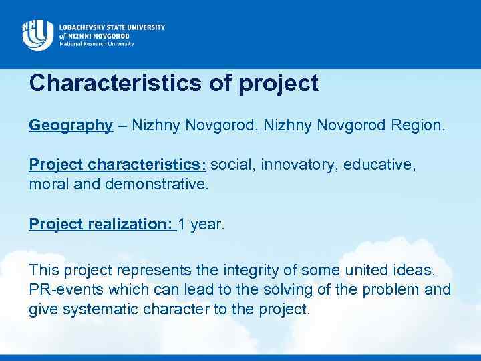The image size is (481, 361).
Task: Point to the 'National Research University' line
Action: pyautogui.click(x=96, y=44)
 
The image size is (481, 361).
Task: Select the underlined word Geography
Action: pyautogui.click(x=71, y=125)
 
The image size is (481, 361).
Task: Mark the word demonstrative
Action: pyautogui.click(x=156, y=183)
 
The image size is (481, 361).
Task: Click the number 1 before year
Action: pyautogui.click(x=182, y=224)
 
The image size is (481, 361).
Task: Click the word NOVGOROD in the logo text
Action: pyautogui.click(x=117, y=36)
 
